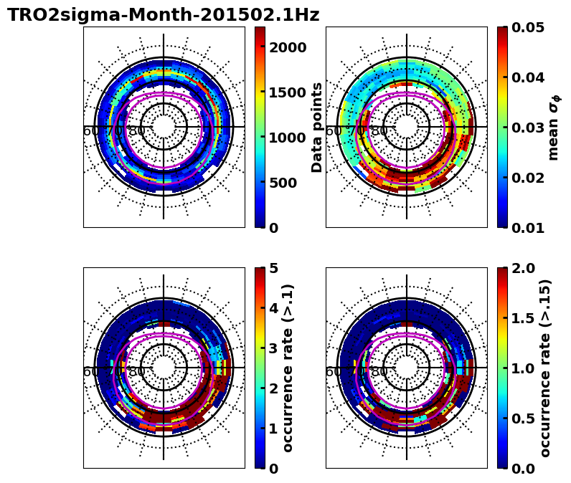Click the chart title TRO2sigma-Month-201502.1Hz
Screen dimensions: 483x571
[x=164, y=15]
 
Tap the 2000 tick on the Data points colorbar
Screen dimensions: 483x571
[x=288, y=47]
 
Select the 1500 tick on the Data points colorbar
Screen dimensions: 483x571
[x=288, y=92]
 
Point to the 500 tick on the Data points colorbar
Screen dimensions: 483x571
[x=283, y=183]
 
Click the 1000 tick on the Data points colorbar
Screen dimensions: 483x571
[x=288, y=138]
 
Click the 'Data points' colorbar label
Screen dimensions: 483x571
[x=317, y=127]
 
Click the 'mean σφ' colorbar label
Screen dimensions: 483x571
[x=554, y=128]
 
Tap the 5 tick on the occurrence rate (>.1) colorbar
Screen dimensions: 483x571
[x=273, y=268]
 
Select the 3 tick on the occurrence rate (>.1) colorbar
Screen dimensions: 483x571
[x=273, y=348]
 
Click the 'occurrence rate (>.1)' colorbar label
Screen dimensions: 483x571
[x=288, y=368]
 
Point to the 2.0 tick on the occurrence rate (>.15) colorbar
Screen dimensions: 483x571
[x=523, y=268]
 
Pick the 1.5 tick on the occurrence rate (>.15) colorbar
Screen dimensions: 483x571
[x=523, y=318]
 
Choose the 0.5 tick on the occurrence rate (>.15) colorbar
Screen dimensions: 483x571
[x=523, y=419]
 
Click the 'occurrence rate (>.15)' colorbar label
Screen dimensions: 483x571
[x=545, y=368]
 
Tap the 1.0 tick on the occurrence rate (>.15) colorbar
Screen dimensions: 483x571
[x=523, y=368]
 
